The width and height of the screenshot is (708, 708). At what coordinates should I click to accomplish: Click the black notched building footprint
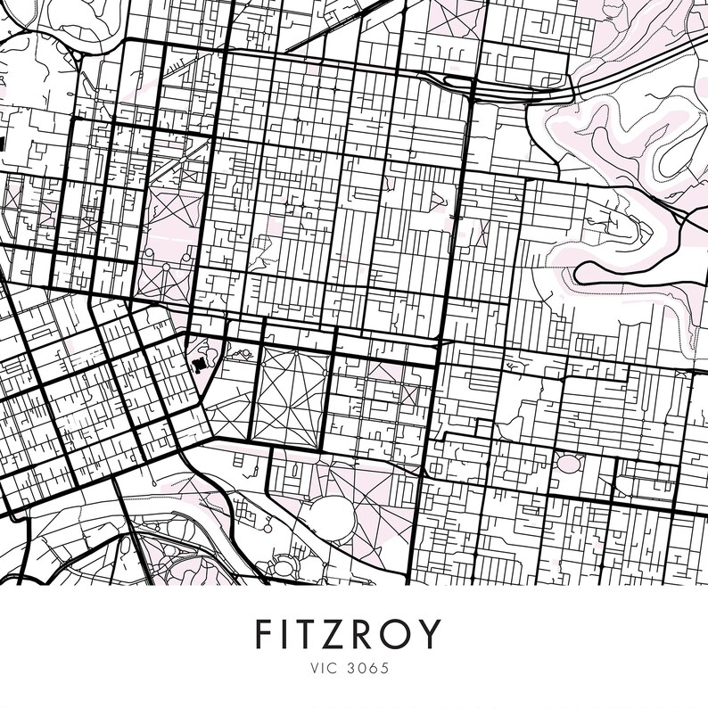pyautogui.click(x=199, y=366)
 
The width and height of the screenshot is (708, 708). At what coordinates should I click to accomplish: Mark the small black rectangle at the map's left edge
pyautogui.click(x=3, y=142)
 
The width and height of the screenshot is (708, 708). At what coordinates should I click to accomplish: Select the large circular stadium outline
pyautogui.click(x=333, y=515)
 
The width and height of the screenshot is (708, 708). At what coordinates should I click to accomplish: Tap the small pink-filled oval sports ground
pyautogui.click(x=567, y=465)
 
